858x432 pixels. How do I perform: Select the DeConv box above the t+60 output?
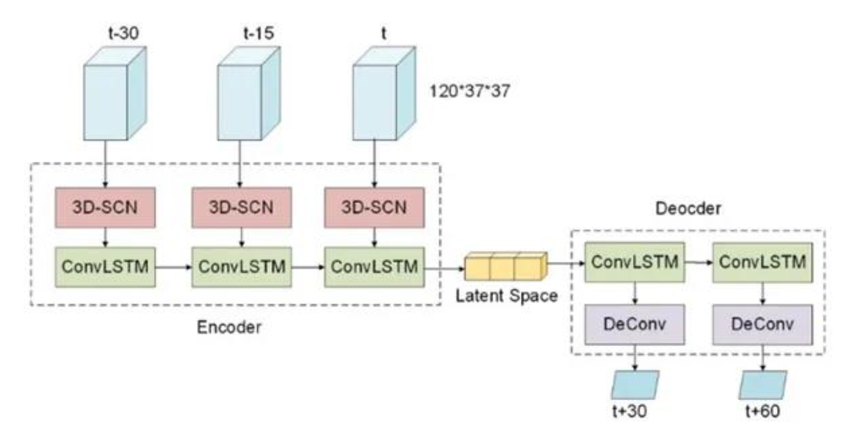point(764,324)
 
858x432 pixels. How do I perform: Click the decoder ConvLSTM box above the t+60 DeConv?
point(764,264)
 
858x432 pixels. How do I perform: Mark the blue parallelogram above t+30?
point(633,384)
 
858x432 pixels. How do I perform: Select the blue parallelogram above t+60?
point(762,384)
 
